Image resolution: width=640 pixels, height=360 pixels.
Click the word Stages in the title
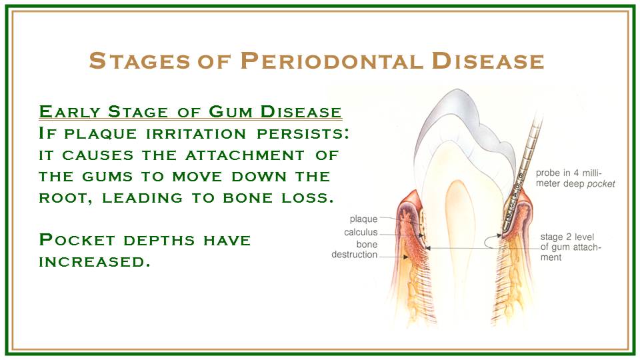[139, 61]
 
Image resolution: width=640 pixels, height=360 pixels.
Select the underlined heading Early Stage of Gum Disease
[190, 112]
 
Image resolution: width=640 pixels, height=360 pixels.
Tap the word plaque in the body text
[100, 134]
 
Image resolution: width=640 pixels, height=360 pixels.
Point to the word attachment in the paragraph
[245, 155]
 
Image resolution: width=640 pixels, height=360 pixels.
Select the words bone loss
[279, 198]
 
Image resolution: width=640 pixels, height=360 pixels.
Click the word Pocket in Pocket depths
[77, 240]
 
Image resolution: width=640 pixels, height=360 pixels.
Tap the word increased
[94, 261]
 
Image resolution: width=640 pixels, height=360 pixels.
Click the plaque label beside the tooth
[363, 219]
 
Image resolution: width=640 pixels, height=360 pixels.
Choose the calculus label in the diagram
[361, 232]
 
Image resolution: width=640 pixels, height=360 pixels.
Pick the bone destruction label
[354, 249]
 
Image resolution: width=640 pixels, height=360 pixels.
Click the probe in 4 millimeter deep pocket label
[575, 179]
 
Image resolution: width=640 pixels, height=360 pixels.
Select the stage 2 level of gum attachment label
[571, 247]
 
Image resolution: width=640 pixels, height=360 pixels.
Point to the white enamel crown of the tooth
[465, 123]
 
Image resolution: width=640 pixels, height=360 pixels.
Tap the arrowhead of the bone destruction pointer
[406, 257]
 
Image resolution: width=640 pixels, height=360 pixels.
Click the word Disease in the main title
[488, 61]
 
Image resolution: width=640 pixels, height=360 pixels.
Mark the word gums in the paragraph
[107, 177]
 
